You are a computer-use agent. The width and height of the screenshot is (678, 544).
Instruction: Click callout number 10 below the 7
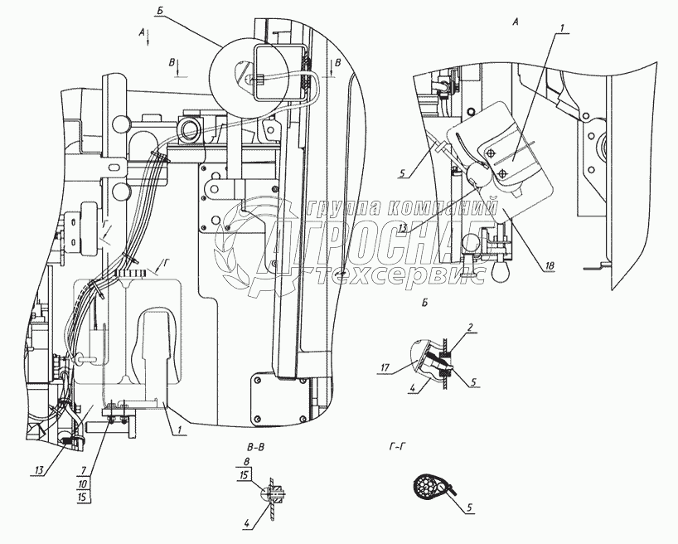tap(84, 484)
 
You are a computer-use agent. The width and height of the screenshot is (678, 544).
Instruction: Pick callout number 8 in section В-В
tap(246, 461)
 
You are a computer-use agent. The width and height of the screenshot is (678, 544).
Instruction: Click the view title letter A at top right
tap(516, 23)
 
